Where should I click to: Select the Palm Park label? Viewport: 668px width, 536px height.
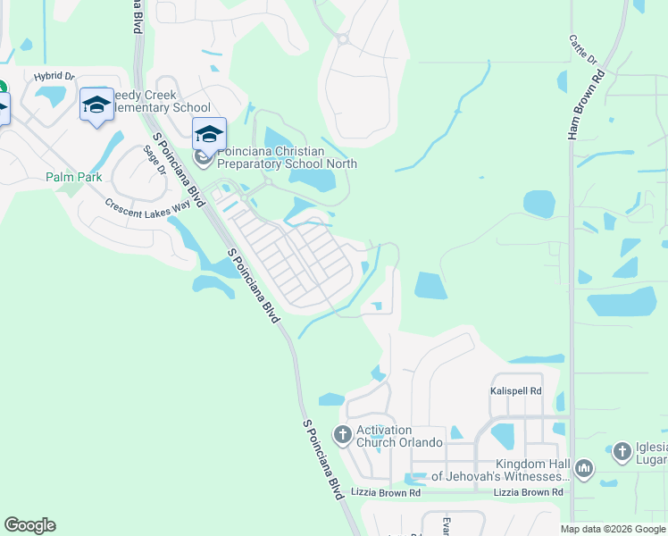[x=74, y=177]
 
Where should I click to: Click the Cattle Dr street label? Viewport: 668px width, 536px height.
[x=582, y=50]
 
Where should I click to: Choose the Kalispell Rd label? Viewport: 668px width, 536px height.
[x=516, y=391]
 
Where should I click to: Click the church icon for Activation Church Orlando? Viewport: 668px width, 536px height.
[x=342, y=435]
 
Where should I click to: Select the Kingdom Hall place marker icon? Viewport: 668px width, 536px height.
[x=584, y=467]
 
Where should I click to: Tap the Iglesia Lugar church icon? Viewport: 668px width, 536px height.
[x=622, y=453]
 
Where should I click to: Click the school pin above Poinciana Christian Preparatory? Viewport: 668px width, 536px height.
[x=209, y=135]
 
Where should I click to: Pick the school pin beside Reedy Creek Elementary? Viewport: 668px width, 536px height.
[x=96, y=105]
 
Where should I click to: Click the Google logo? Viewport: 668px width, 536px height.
[x=29, y=525]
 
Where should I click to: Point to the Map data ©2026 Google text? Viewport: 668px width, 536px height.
[x=613, y=529]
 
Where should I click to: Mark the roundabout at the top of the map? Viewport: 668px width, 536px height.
[x=342, y=38]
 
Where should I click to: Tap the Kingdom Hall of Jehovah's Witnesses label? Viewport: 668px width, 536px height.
[x=500, y=470]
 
